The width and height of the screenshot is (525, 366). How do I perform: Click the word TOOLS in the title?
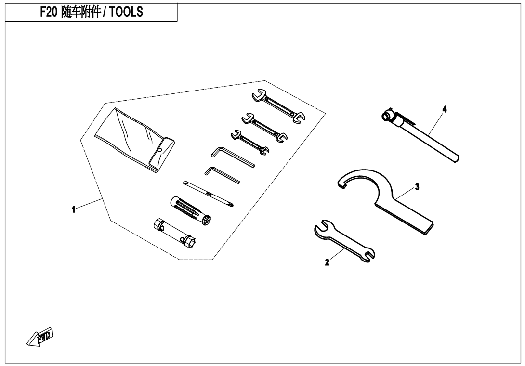(x=126, y=12)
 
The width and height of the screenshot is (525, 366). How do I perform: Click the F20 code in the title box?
(x=49, y=12)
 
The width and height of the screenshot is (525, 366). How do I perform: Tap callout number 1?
(x=73, y=209)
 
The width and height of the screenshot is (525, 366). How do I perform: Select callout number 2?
(x=327, y=262)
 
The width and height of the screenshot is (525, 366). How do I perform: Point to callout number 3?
(x=417, y=187)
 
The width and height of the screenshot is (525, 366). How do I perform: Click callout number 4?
(x=444, y=109)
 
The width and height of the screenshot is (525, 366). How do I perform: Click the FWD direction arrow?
(x=40, y=336)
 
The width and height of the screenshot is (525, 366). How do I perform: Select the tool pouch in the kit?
(x=134, y=140)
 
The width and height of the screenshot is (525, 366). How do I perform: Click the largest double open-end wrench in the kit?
(x=278, y=106)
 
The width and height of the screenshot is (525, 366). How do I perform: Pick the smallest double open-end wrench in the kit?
(x=250, y=143)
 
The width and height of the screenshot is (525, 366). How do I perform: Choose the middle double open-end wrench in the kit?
(x=264, y=127)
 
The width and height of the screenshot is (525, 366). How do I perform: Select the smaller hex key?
(x=222, y=175)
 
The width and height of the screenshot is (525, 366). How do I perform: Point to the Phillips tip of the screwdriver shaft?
(x=232, y=205)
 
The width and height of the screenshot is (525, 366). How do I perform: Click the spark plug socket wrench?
(x=175, y=233)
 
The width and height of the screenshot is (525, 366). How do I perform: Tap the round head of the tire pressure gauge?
(x=387, y=116)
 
